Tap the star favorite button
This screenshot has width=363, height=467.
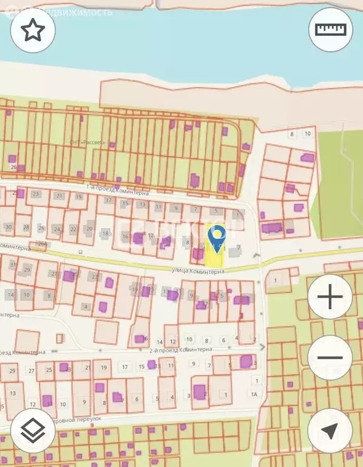click(33, 30)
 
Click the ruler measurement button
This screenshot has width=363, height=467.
click(330, 29)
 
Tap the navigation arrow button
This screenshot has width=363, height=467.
click(330, 431)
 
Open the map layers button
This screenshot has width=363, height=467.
click(33, 431)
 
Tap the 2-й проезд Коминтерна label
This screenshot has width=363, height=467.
click(180, 350)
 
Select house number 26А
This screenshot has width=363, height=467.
click(42, 243)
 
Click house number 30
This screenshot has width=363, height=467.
click(8, 227)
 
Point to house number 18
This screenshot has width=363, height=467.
click(105, 233)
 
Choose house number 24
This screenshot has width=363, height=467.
click(57, 229)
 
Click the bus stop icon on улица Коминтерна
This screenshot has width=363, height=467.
click(80, 251)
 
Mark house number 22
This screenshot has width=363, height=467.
click(74, 229)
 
